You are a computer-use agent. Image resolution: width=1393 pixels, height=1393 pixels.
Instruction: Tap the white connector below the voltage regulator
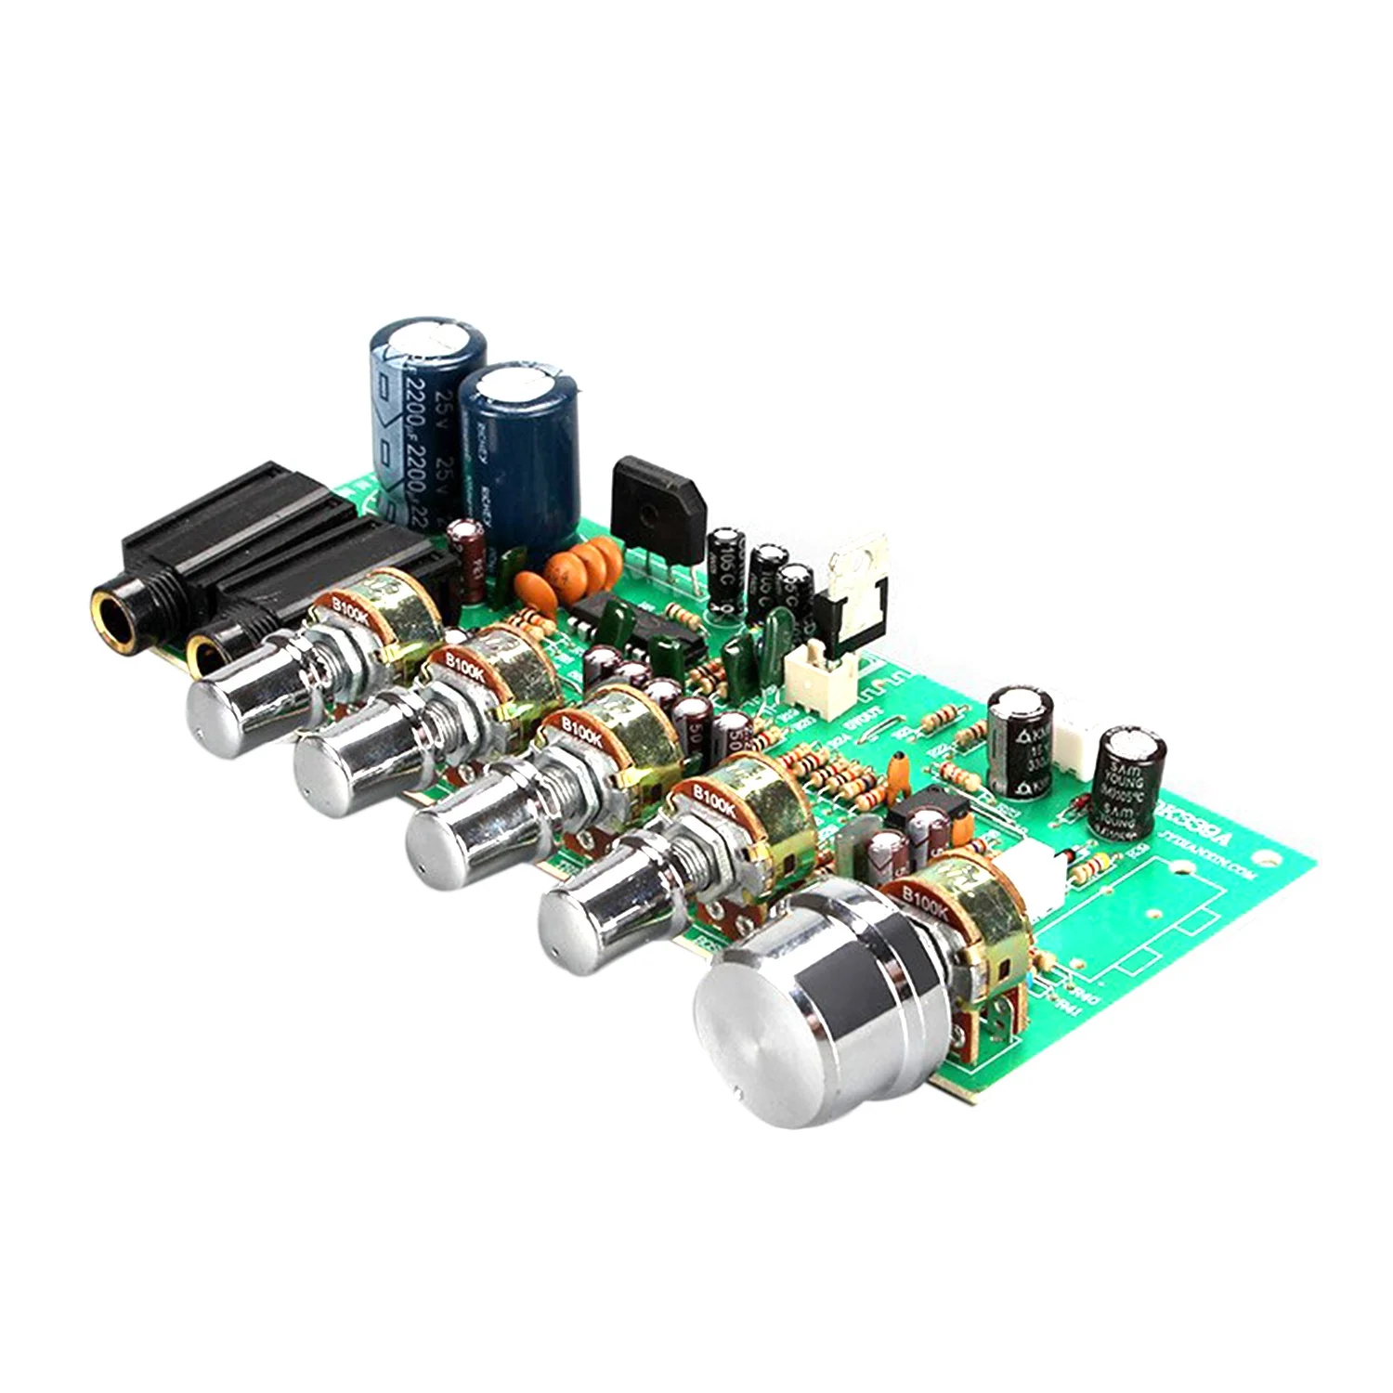(x=814, y=668)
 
